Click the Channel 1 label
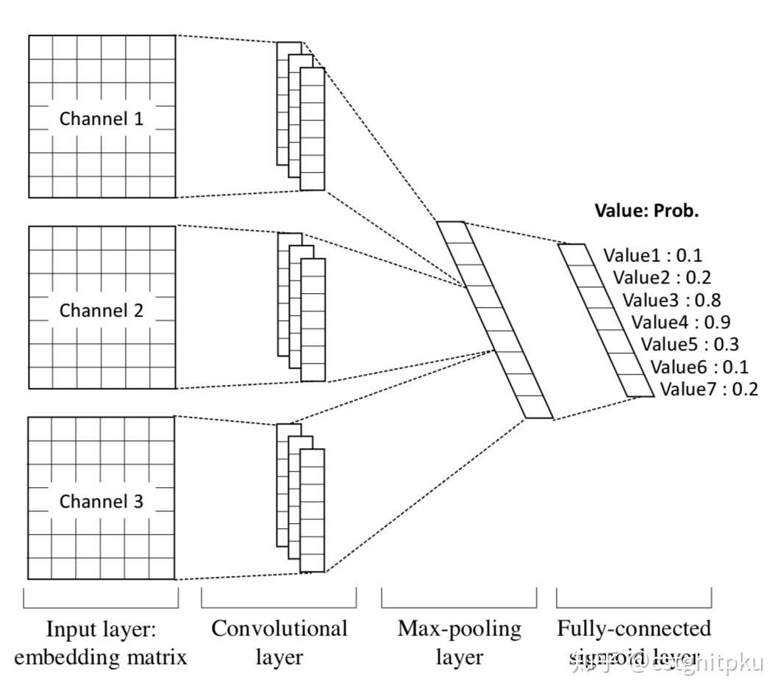101,118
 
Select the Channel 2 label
101,310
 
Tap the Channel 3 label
101,502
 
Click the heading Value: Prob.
646,211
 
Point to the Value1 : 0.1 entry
652,256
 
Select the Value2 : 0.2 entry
662,278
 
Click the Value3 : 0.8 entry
671,300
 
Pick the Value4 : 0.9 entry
681,322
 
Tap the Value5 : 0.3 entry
690,344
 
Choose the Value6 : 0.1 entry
699,367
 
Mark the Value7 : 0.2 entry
709,389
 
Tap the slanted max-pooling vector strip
494,320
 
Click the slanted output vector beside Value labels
605,320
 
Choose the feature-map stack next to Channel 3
301,498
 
